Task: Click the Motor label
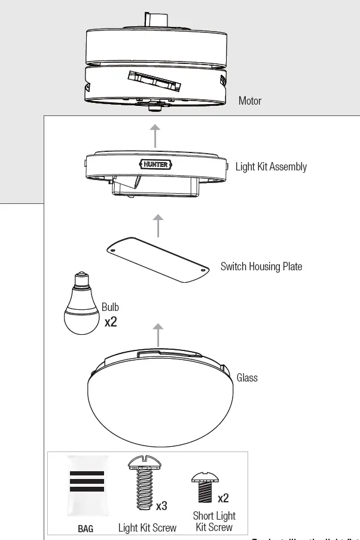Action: pos(249,101)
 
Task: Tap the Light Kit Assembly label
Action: pos(270,167)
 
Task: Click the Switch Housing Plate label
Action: pos(261,267)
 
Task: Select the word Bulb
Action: pos(110,307)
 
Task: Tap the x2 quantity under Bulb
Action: pos(111,322)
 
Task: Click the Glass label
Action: pos(247,378)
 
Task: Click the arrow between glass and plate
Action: pos(157,334)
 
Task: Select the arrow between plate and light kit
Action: pos(157,226)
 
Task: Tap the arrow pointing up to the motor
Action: pos(155,136)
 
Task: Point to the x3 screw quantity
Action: pos(161,506)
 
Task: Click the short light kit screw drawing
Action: pos(205,488)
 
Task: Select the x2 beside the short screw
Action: pos(222,498)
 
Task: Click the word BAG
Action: pos(86,529)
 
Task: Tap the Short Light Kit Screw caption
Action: pos(213,521)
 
